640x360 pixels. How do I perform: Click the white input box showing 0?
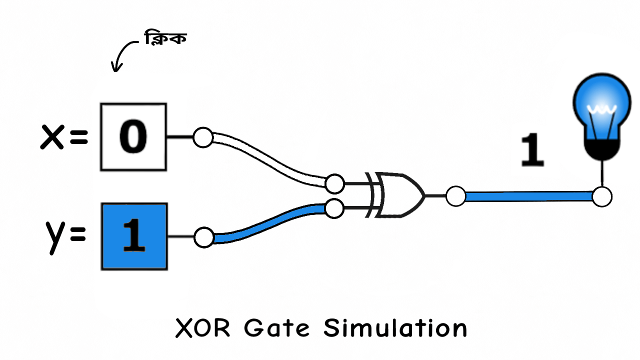click(133, 136)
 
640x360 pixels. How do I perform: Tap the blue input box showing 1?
click(133, 236)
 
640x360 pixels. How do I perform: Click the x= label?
click(64, 137)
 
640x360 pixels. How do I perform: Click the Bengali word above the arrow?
click(165, 38)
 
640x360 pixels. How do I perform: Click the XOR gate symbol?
click(397, 195)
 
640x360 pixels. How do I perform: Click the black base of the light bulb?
click(601, 149)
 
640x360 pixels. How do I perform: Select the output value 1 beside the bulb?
click(532, 150)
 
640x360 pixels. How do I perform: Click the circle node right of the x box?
click(203, 137)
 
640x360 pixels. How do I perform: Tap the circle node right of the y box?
click(203, 237)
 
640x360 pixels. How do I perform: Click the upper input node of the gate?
click(334, 184)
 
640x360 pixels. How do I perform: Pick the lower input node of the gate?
click(334, 207)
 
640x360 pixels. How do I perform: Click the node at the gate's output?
click(455, 196)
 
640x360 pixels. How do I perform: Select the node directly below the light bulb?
click(601, 196)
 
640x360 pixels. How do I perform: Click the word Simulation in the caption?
click(395, 328)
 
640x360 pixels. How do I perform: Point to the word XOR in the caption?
click(204, 328)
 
